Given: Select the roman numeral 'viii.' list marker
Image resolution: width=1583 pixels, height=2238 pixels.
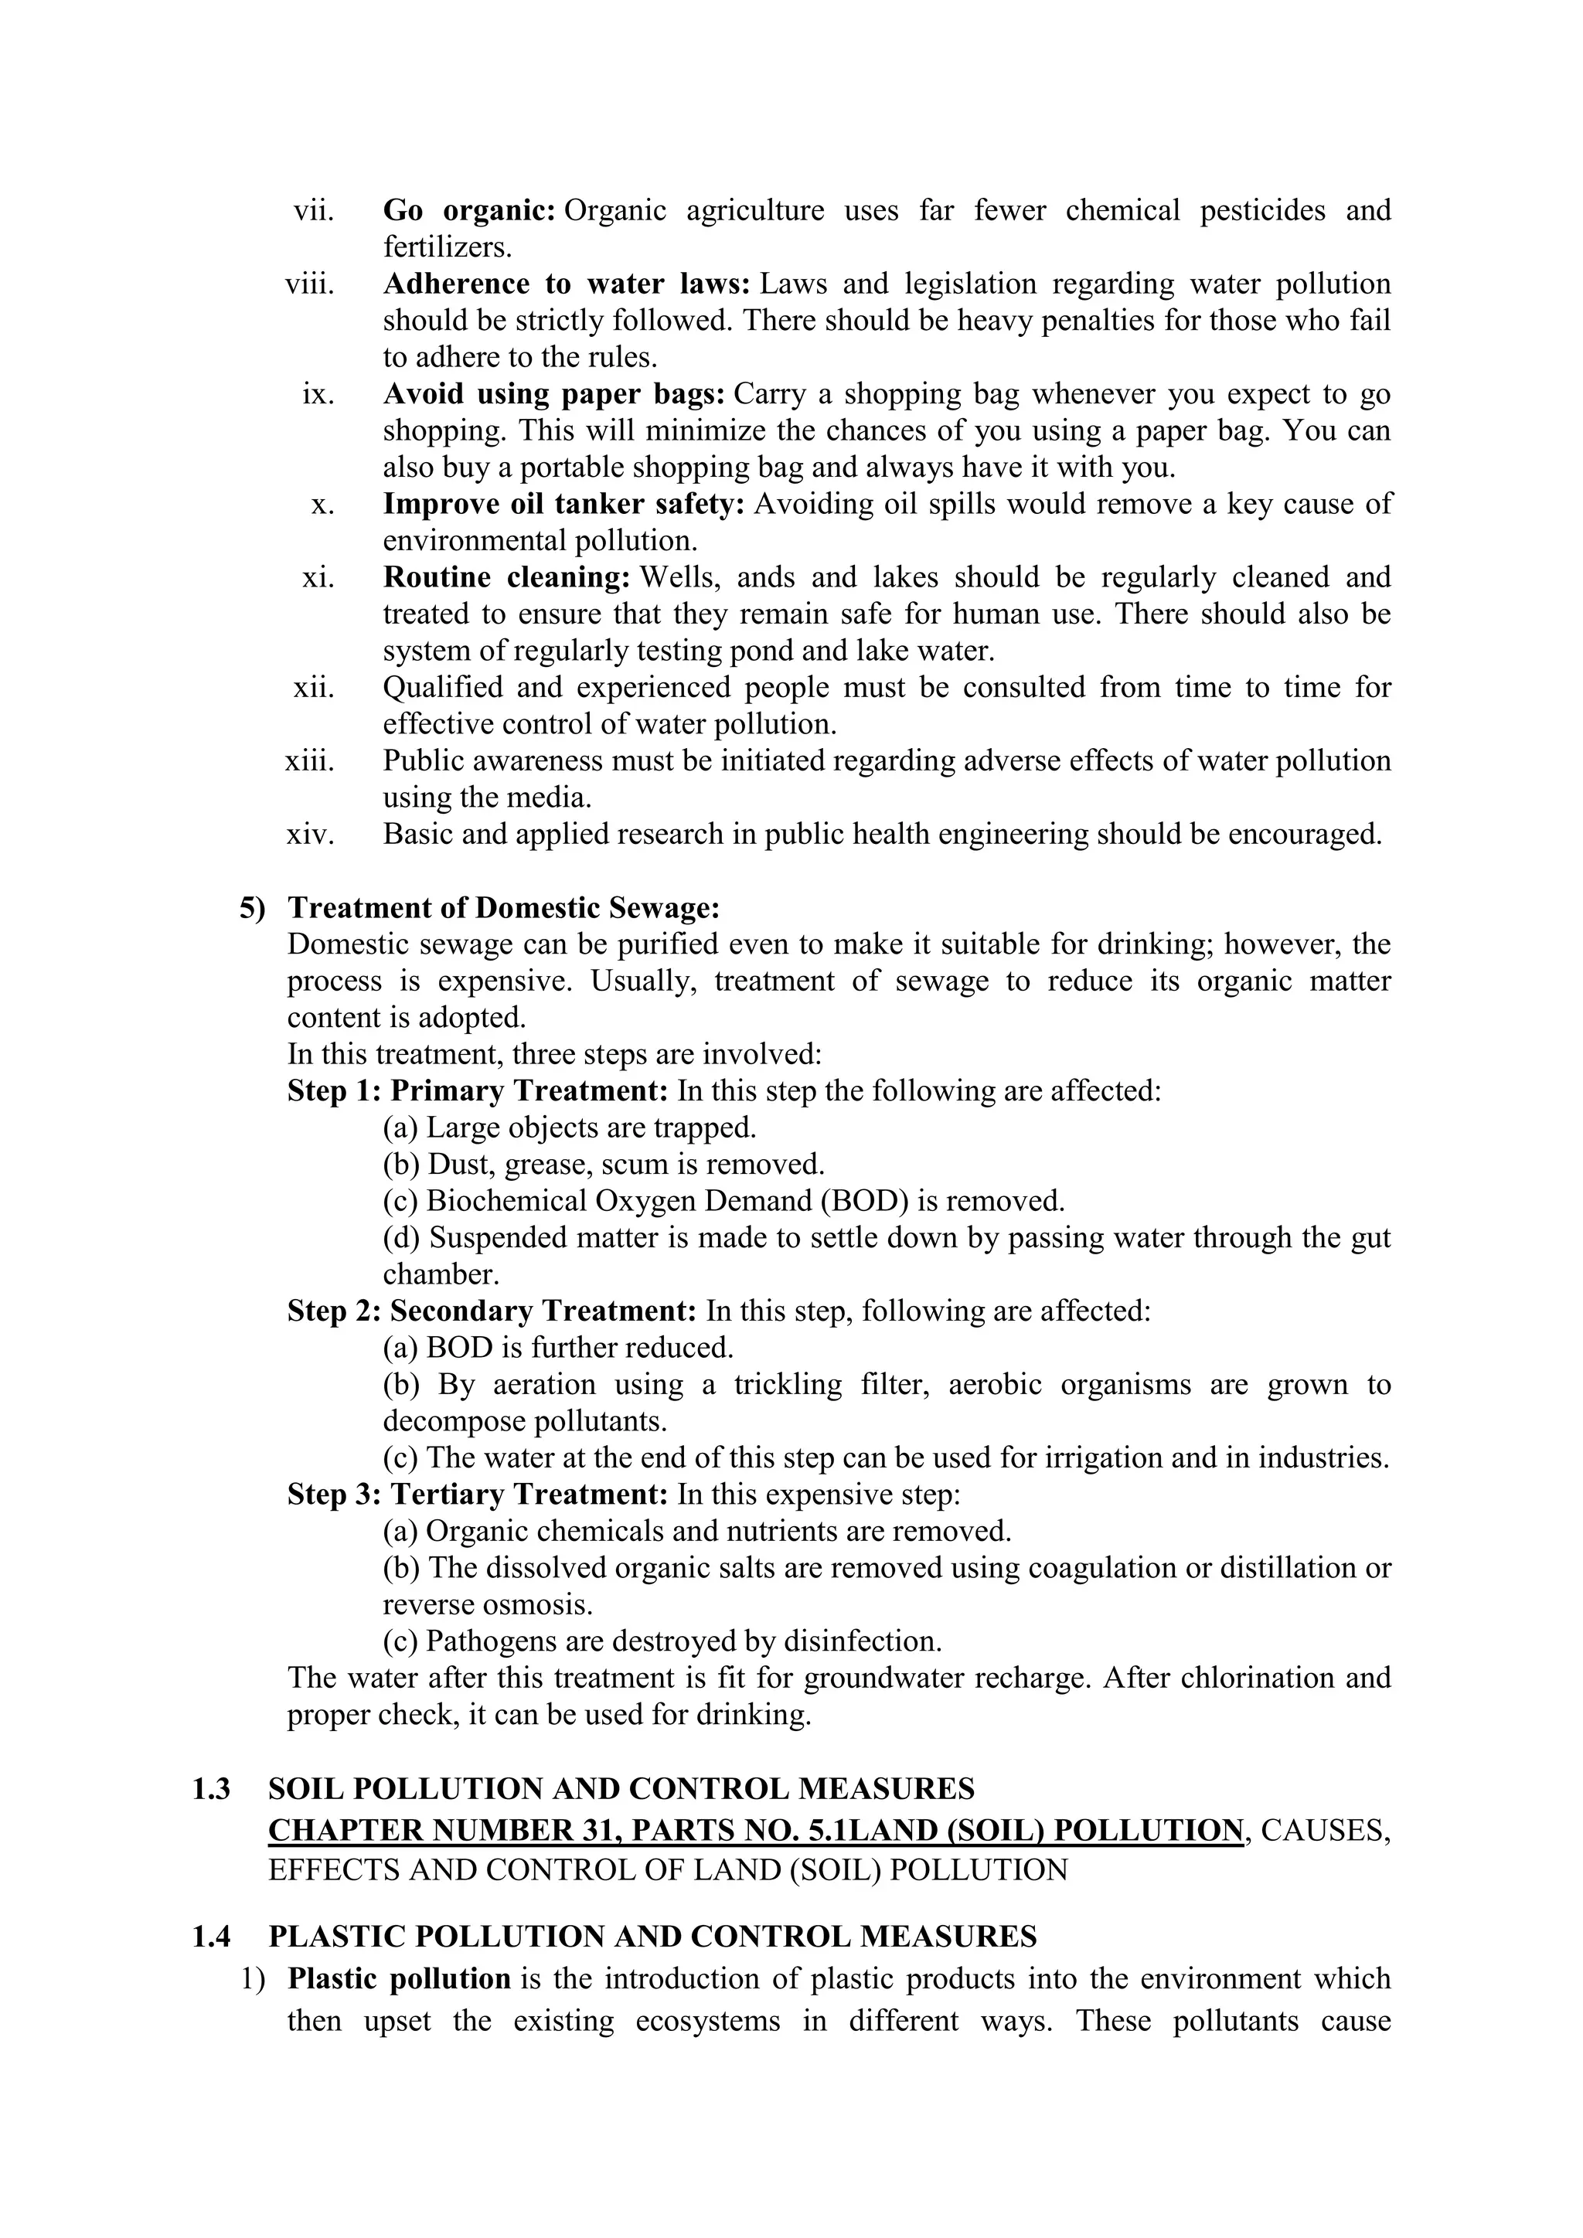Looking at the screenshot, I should [x=309, y=284].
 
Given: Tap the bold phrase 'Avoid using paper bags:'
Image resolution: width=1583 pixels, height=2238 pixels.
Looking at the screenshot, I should [x=553, y=394].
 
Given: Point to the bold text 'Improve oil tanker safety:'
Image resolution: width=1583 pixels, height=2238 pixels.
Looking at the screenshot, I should [x=563, y=504].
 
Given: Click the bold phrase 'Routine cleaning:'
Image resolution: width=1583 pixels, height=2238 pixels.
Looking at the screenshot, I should [x=507, y=577].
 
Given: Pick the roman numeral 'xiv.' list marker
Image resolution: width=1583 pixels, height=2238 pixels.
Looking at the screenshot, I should [x=310, y=835].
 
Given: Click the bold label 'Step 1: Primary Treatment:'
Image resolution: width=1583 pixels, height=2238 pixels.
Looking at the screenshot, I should [x=478, y=1090].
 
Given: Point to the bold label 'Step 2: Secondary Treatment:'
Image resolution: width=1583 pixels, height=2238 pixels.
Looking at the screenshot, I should [x=492, y=1311].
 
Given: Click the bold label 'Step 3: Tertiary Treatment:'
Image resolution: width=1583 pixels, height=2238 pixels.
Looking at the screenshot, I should [x=478, y=1495].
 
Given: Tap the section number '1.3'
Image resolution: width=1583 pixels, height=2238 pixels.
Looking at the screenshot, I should [x=212, y=1790].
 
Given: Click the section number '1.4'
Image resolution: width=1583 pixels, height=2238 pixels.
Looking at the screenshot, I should [x=212, y=1937].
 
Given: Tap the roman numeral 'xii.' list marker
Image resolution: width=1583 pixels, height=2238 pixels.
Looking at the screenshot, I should [x=313, y=688].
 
